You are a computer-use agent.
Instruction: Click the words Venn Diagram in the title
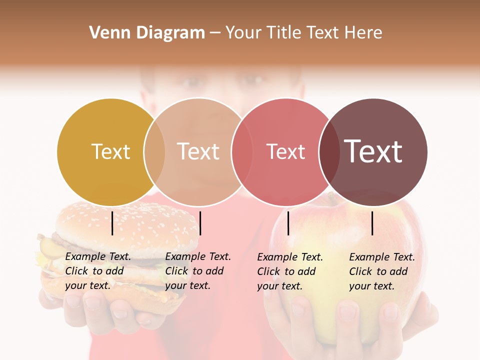(147, 33)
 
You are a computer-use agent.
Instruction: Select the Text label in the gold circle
(110, 151)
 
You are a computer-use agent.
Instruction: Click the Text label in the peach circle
(198, 151)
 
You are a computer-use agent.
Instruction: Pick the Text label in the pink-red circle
(285, 151)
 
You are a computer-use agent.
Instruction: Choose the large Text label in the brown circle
(373, 151)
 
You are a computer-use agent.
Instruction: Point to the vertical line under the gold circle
(112, 223)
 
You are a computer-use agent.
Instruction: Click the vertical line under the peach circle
(200, 223)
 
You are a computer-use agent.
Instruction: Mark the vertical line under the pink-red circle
(288, 223)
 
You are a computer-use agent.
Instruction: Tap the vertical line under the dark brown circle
(372, 223)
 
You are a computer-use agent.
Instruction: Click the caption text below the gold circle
(97, 271)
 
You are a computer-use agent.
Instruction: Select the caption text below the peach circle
(197, 271)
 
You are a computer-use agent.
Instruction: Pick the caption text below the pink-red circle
(289, 271)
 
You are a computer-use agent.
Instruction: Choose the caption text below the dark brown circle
(381, 271)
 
